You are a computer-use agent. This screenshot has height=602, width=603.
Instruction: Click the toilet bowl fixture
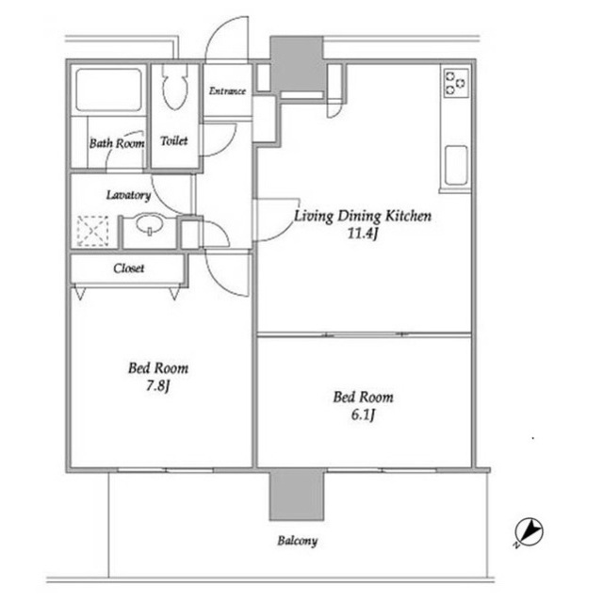point(175,88)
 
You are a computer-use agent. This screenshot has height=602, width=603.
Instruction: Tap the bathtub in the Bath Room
point(109,89)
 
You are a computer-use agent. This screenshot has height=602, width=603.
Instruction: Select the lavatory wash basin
point(149,223)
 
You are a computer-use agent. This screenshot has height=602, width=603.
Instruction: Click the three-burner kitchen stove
point(456,83)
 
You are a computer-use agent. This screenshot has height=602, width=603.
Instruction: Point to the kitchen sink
point(456,165)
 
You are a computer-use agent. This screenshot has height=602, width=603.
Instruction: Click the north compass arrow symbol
point(529,533)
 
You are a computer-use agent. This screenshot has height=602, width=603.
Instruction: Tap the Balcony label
point(298,541)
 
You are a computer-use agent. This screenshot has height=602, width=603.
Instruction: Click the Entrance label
point(227,91)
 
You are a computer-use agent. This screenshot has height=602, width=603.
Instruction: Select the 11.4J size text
point(362,234)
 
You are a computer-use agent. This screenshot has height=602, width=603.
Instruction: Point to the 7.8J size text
point(157,385)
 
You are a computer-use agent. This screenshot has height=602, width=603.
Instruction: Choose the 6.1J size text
point(363,415)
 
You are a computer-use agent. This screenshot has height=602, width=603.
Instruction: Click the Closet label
point(129,268)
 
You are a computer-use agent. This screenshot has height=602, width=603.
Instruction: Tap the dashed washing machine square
point(92,231)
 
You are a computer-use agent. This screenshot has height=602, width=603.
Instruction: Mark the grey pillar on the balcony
point(297,495)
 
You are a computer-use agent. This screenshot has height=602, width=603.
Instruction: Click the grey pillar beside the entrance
point(297,64)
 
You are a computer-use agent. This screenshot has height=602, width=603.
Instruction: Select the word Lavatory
point(128,195)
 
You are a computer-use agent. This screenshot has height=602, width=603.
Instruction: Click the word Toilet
point(174,141)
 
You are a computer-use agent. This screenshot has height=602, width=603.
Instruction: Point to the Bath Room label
point(117,143)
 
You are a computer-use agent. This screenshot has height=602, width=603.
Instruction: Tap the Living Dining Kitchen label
point(363,216)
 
